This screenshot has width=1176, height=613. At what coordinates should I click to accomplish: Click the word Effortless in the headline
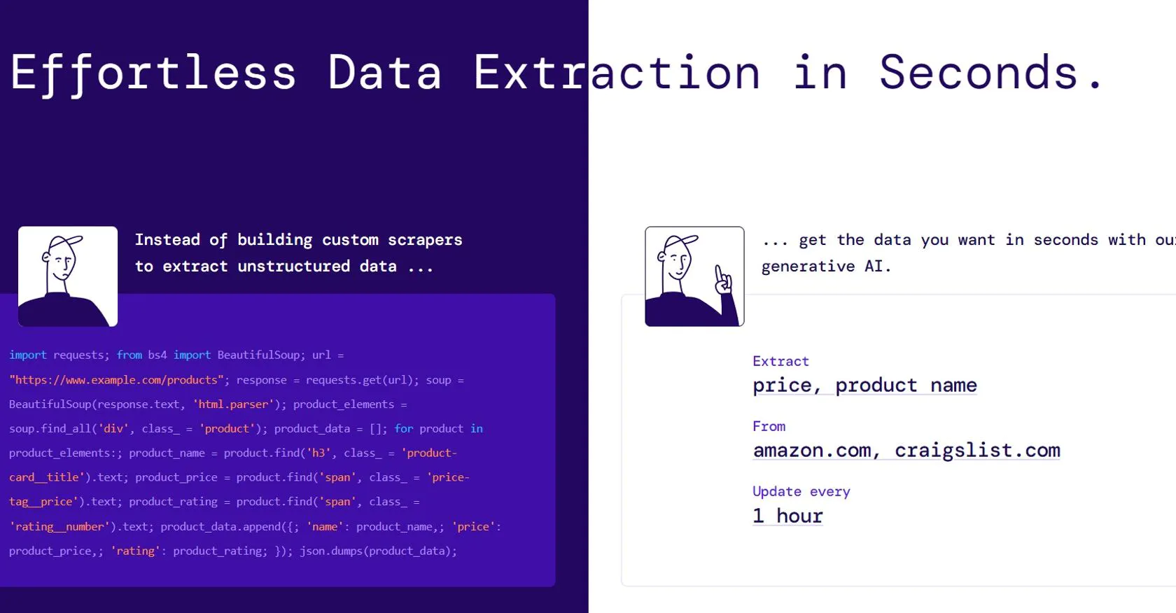tap(153, 74)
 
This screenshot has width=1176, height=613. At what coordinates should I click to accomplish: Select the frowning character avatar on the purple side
tap(68, 276)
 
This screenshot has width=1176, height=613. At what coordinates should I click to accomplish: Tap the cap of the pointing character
tap(681, 242)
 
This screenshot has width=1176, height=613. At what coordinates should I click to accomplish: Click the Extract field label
tap(780, 361)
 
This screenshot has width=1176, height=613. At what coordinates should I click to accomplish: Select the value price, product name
tap(864, 386)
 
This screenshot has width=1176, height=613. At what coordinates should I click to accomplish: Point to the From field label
tap(769, 426)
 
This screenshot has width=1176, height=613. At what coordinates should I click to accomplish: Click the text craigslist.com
tap(977, 451)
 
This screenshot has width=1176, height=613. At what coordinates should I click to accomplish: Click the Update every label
tap(801, 491)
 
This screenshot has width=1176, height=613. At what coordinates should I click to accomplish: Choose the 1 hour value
tap(787, 516)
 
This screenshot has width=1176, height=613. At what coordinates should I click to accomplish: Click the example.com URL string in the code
tap(116, 380)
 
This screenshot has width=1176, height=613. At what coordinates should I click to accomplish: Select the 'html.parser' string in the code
tap(234, 404)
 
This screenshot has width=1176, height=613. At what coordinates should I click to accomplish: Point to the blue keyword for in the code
tap(404, 428)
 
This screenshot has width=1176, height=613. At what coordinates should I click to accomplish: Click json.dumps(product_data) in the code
tap(379, 551)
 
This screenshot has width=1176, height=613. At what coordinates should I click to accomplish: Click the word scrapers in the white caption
tap(425, 240)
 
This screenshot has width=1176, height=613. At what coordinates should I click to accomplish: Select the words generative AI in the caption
tap(826, 267)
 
